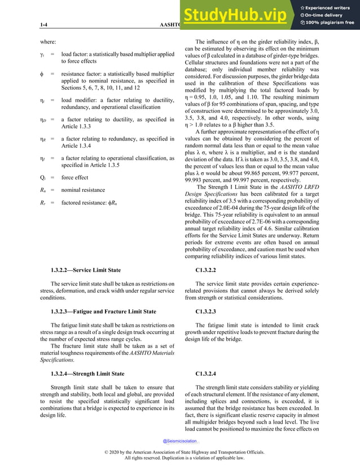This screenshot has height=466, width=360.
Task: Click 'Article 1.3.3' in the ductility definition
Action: (78, 128)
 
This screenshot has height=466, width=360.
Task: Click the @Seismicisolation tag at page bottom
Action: (180, 441)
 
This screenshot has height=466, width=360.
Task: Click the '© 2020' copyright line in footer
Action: (179, 454)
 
